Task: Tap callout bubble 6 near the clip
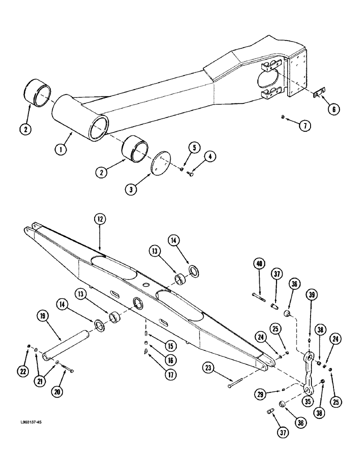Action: pyautogui.click(x=333, y=109)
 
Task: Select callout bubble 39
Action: pyautogui.click(x=311, y=295)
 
